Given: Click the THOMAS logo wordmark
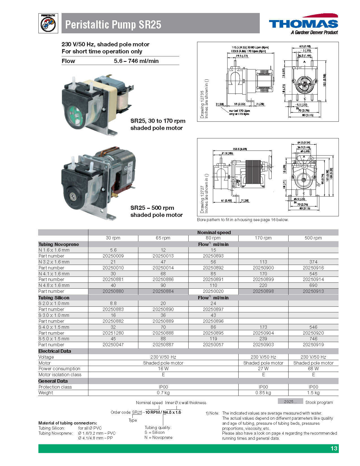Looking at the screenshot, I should (x=303, y=24).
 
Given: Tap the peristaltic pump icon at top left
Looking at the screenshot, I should (x=48, y=23).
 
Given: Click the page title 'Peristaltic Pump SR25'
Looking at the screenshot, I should (x=113, y=25).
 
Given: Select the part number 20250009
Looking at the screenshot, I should (x=113, y=256).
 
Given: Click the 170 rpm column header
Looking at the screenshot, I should (x=263, y=238).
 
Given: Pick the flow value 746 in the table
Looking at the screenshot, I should (x=313, y=339).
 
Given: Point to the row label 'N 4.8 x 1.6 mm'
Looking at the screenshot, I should (x=54, y=285).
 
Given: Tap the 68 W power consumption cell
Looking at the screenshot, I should (x=313, y=369).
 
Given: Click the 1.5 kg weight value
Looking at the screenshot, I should (x=313, y=393).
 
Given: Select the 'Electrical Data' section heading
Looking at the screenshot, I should (x=55, y=351).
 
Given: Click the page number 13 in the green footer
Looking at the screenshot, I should (x=334, y=448).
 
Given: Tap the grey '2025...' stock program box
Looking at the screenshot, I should (x=291, y=402).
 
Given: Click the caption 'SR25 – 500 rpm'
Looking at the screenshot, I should (x=152, y=208).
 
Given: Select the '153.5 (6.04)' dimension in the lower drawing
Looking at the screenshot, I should (x=240, y=149).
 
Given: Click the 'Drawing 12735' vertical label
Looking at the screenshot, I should (x=202, y=104).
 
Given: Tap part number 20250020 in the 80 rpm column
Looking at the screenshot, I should (x=213, y=291).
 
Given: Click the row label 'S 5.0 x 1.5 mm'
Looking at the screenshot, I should (x=54, y=339).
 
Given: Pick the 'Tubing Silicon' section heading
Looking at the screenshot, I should (x=54, y=298).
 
